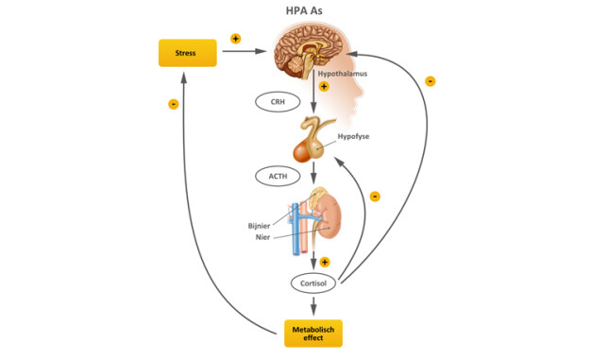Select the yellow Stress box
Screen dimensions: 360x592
click(x=188, y=53)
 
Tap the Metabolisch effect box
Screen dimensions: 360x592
click(x=313, y=333)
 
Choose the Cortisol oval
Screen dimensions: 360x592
click(x=313, y=283)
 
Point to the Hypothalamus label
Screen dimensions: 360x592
click(x=344, y=71)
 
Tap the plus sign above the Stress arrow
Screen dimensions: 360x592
click(x=235, y=39)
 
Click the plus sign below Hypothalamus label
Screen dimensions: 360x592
click(x=324, y=86)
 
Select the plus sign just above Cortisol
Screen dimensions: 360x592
click(x=324, y=262)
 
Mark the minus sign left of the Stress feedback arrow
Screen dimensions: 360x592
click(x=173, y=104)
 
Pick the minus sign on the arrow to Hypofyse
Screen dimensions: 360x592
click(x=375, y=197)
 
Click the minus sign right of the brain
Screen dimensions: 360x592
click(x=431, y=82)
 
